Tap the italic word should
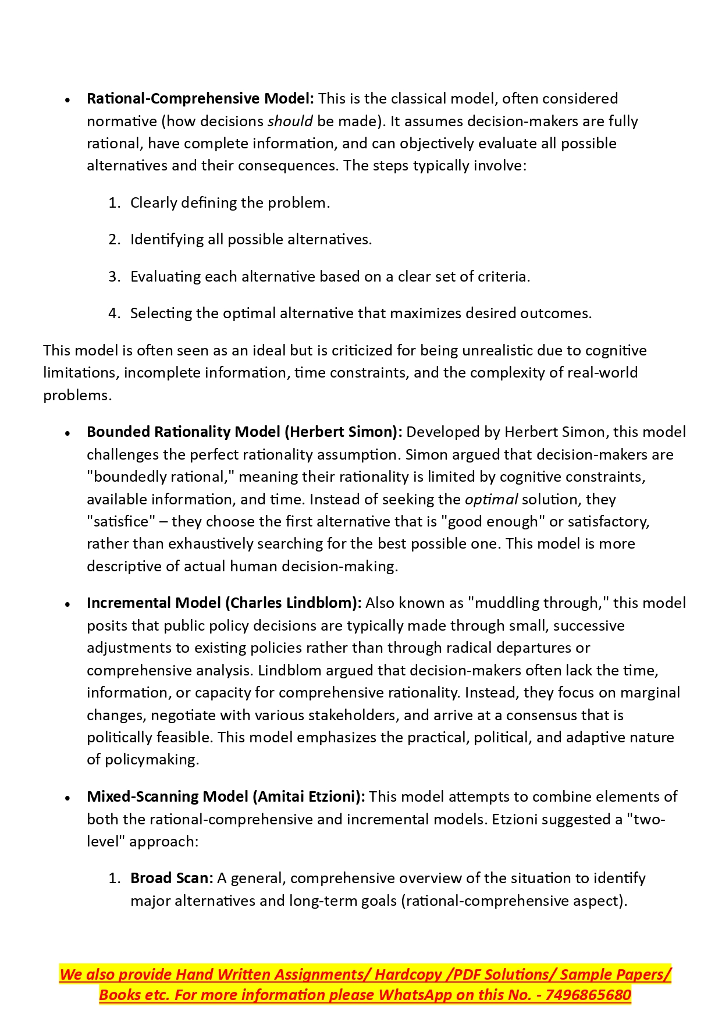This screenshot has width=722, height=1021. pyautogui.click(x=290, y=121)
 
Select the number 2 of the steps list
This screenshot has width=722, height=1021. pyautogui.click(x=113, y=240)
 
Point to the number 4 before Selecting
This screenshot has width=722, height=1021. pyautogui.click(x=113, y=314)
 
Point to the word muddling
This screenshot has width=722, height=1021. pyautogui.click(x=507, y=603)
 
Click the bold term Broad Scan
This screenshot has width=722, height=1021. pyautogui.click(x=171, y=878)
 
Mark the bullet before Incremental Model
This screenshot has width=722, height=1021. pyautogui.click(x=68, y=604)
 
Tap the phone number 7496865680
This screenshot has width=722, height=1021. pyautogui.click(x=588, y=995)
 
